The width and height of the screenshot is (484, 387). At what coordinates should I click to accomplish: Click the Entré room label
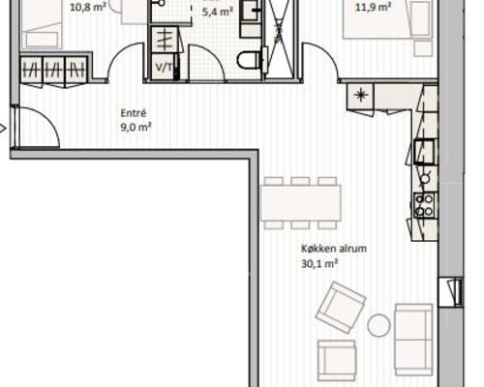[x=134, y=113]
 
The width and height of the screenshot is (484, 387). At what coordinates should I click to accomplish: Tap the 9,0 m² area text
[x=136, y=127]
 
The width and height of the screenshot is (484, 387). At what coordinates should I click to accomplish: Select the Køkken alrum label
[x=334, y=249]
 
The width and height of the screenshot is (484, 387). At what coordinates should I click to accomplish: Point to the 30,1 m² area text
[x=319, y=264]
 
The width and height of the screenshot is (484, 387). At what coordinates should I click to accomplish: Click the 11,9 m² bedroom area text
[x=374, y=7]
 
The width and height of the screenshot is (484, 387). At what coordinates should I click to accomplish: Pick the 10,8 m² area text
[x=88, y=7]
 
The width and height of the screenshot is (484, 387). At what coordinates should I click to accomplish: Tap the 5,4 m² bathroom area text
[x=218, y=12]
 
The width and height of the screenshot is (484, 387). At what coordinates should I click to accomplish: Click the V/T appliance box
[x=165, y=67]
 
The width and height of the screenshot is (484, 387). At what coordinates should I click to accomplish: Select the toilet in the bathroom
[x=249, y=60]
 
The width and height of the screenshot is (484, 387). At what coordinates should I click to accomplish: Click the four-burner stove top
[x=424, y=205]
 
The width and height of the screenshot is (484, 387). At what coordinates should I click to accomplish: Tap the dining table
[x=300, y=203]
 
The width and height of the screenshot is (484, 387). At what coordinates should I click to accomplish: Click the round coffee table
[x=378, y=325]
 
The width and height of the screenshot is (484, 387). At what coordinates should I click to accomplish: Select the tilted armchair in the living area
[x=341, y=308]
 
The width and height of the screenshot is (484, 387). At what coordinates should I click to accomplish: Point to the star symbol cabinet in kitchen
[x=360, y=96]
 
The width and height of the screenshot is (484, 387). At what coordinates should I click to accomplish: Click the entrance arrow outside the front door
[x=3, y=129]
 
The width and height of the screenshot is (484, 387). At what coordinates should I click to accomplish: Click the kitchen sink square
[x=426, y=152]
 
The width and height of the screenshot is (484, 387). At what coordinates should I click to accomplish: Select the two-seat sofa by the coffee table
[x=414, y=340]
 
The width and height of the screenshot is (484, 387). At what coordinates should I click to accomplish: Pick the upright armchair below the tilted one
[x=337, y=361]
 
